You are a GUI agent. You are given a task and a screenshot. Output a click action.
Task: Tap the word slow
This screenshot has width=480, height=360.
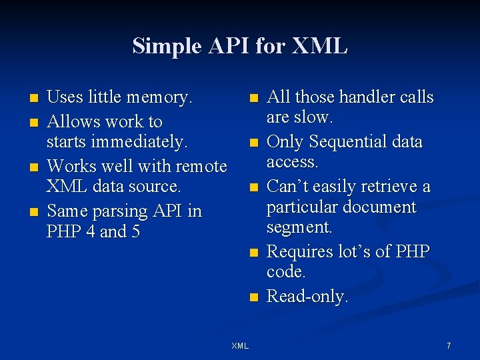[x=314, y=117]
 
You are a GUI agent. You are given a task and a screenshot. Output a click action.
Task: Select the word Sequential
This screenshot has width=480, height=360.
[x=347, y=142]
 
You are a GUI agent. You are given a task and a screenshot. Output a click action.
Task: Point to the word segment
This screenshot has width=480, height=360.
[x=299, y=228]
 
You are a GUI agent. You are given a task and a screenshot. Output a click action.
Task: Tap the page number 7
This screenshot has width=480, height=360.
[x=449, y=346]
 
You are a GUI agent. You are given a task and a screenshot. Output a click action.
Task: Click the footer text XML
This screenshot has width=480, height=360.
[x=240, y=346]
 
